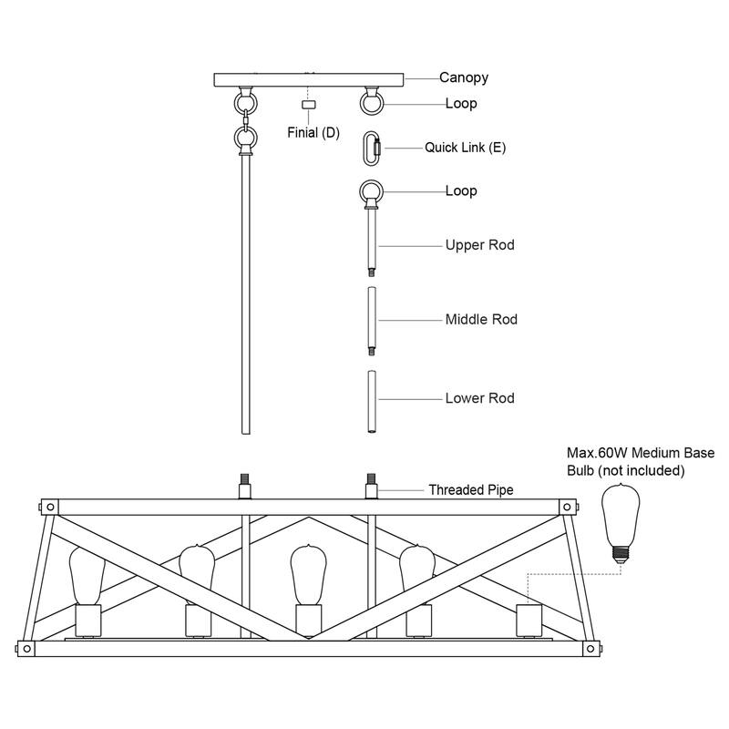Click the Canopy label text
[x=464, y=77]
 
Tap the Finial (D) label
[x=313, y=133]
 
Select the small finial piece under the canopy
[x=309, y=106]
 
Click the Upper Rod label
[x=480, y=245]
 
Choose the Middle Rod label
[x=481, y=320]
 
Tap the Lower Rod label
[x=480, y=398]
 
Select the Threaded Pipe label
[x=471, y=490]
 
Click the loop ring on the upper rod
[x=370, y=193]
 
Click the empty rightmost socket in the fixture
[x=529, y=621]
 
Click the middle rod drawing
[x=371, y=321]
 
